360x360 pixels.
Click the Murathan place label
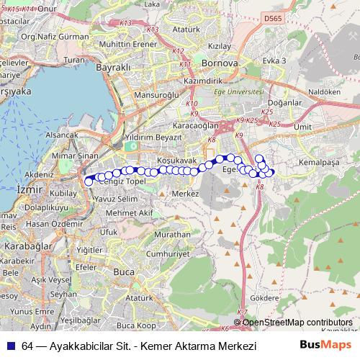pyautogui.click(x=173, y=235)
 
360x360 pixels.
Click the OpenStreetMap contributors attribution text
pyautogui.click(x=297, y=323)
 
